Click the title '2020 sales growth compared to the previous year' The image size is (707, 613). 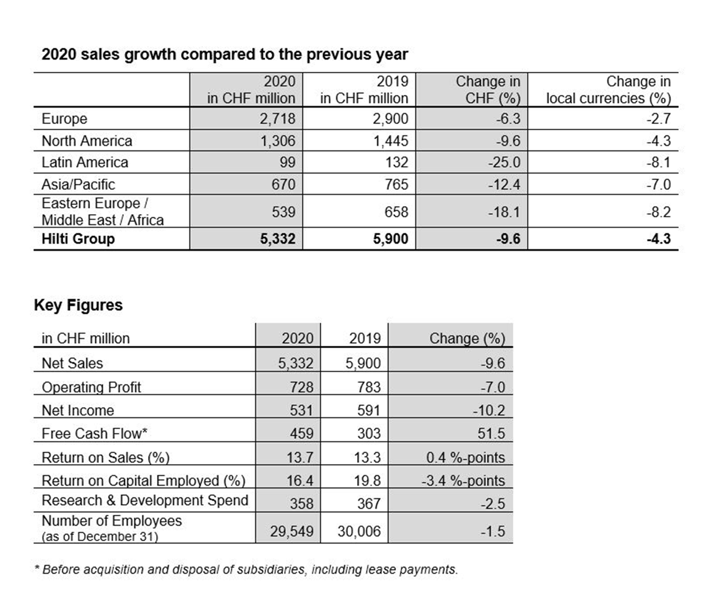tap(224, 55)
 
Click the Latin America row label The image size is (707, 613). tap(85, 162)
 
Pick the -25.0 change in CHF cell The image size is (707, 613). tap(504, 162)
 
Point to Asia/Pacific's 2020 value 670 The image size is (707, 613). tap(283, 184)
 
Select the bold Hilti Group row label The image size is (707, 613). tap(78, 238)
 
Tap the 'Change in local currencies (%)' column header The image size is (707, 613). tap(608, 90)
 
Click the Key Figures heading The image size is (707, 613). tap(78, 305)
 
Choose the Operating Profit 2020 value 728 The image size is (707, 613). tap(301, 387)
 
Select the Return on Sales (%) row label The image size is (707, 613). tap(105, 457)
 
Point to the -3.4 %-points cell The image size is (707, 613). tap(463, 480)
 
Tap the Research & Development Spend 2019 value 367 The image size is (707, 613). tap(369, 503)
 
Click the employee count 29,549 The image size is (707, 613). tap(292, 531)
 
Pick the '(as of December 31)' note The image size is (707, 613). tap(100, 537)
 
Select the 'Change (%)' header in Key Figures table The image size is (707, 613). tap(467, 338)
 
